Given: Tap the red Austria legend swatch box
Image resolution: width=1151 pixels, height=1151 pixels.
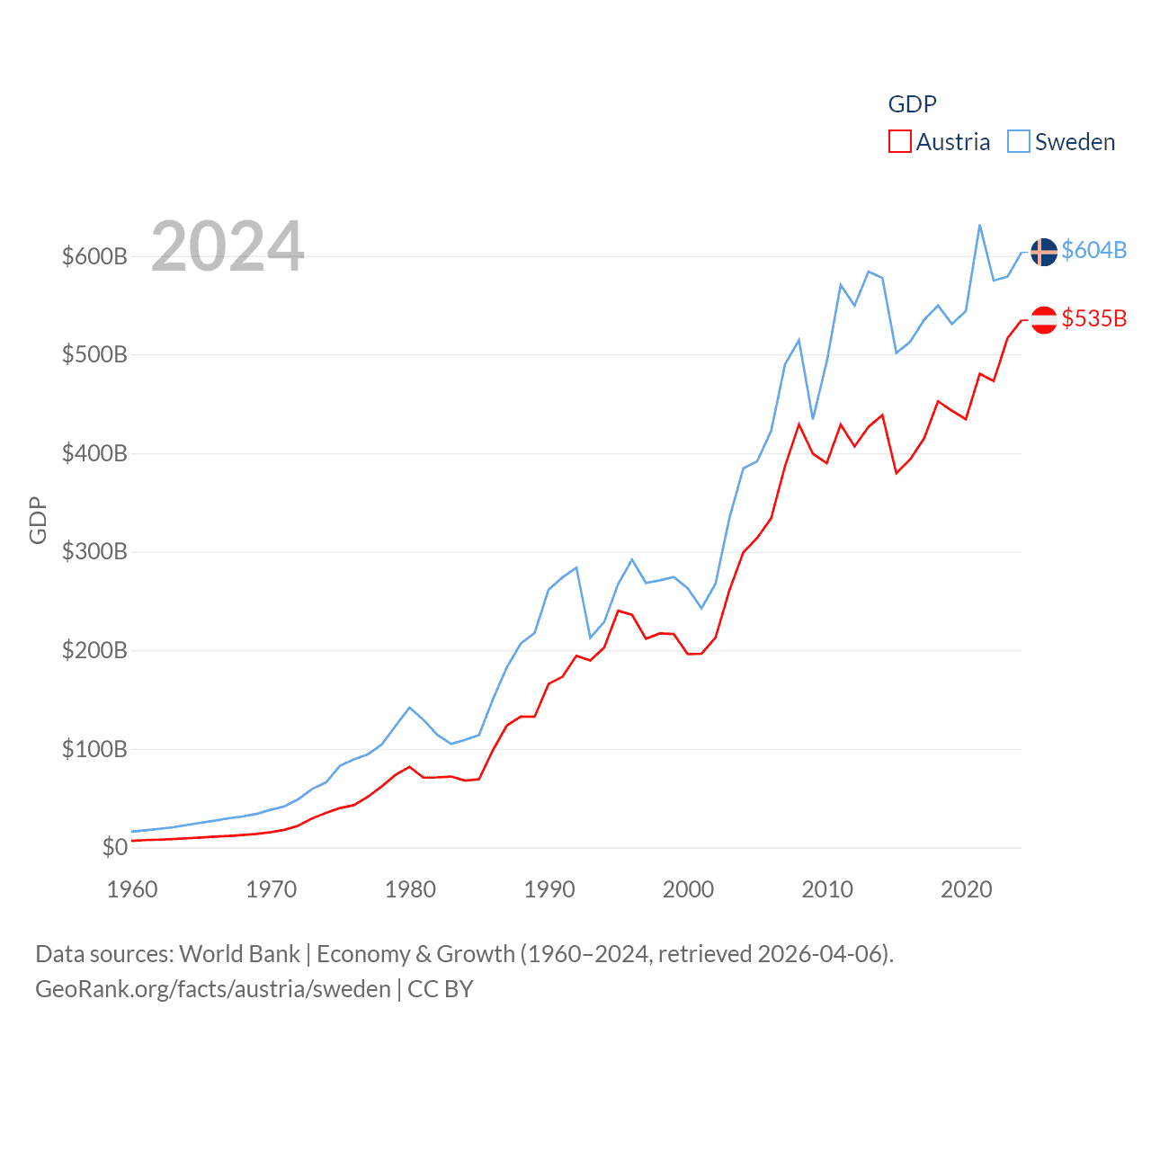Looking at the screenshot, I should (x=899, y=142).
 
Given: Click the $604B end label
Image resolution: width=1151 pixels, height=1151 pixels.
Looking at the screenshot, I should (x=1093, y=250).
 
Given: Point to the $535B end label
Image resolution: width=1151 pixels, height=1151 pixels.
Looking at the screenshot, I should (x=1093, y=318).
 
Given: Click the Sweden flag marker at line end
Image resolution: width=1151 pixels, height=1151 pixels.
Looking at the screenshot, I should (x=1043, y=252).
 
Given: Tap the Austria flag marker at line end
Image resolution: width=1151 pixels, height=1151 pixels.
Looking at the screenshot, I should (x=1043, y=320).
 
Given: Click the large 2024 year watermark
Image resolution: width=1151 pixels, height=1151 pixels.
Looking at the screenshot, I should (x=228, y=246).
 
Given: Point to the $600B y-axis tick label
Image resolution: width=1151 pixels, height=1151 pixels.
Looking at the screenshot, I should (x=94, y=257).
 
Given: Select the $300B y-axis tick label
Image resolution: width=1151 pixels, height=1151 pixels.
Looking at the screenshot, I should (x=94, y=552).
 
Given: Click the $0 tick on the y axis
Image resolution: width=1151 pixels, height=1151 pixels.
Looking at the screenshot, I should (x=115, y=847).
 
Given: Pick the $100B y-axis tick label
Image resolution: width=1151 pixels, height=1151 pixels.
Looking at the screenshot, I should (x=94, y=749).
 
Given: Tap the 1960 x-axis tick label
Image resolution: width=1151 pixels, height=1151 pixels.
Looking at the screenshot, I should (x=132, y=889).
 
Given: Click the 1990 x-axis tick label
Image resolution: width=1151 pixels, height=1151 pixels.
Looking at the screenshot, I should (x=549, y=889).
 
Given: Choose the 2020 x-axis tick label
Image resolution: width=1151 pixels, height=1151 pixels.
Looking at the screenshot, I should (x=966, y=889).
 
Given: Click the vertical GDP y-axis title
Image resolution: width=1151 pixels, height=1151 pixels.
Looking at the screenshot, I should (x=38, y=520).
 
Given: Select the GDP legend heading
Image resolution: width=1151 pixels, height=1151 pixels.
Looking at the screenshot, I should (x=912, y=104).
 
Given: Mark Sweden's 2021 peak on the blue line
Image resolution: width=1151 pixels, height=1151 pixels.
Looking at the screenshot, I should (x=979, y=226).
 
